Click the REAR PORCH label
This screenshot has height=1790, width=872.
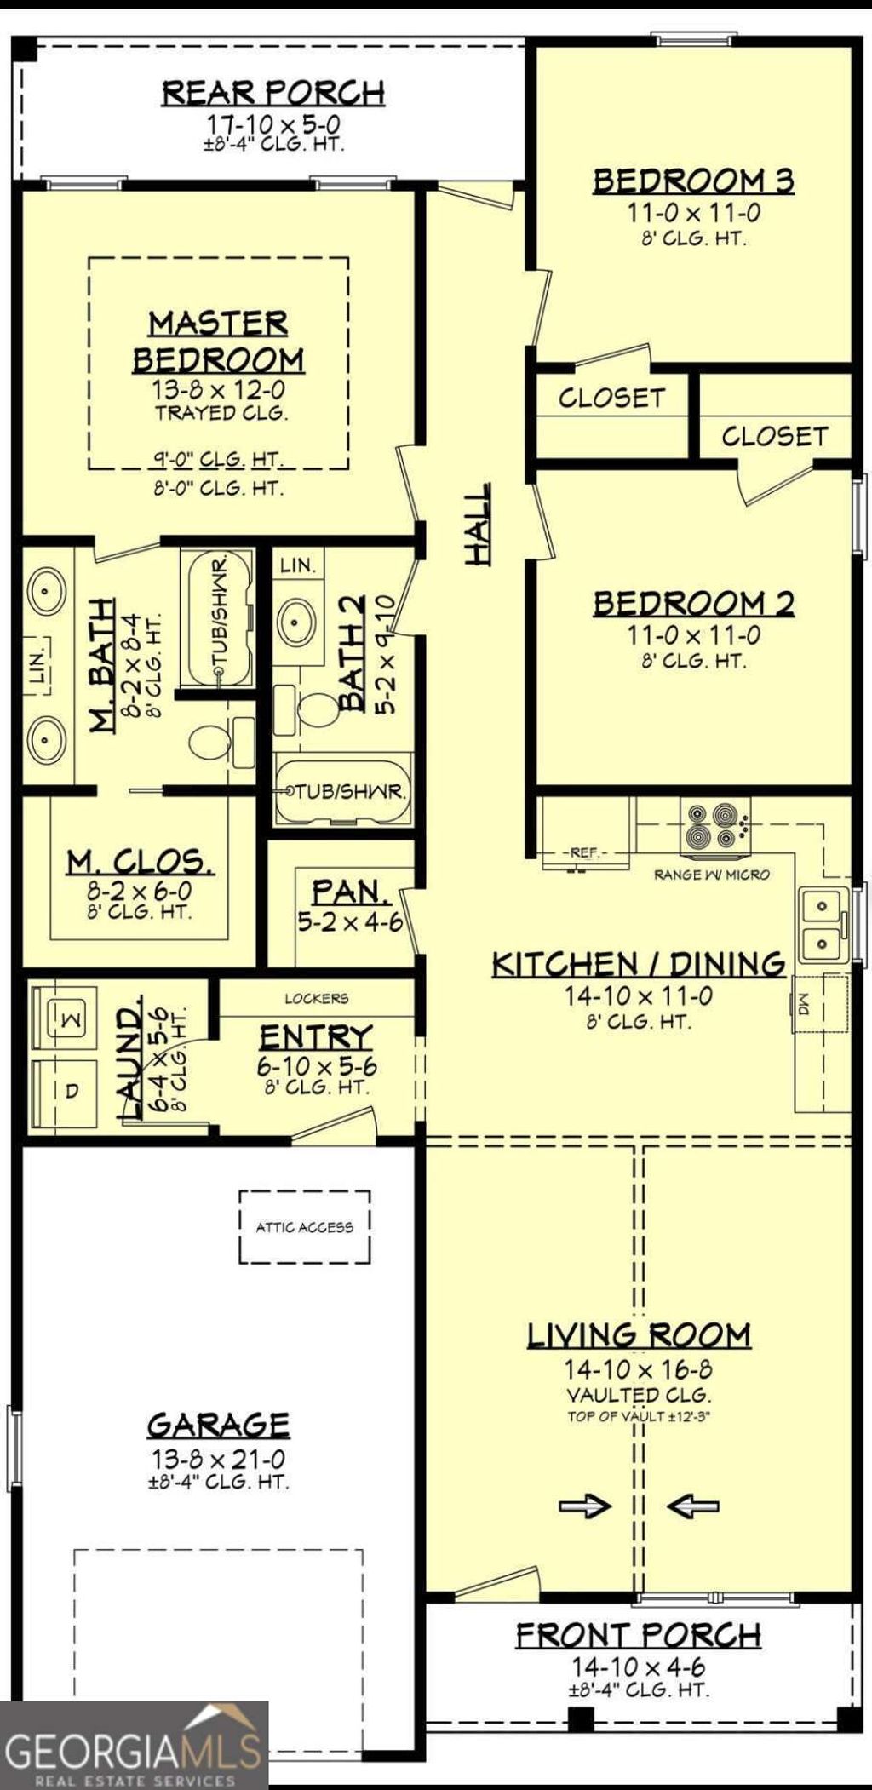pos(273,92)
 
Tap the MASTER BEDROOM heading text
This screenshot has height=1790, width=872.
pos(219,341)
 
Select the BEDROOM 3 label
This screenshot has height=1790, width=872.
pos(693,181)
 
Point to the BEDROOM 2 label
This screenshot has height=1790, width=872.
pos(693,603)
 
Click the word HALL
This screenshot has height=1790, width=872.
pos(479,523)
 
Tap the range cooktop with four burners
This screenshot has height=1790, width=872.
pos(714,825)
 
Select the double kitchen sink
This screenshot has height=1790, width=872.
pos(823,926)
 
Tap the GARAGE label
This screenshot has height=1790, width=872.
pos(219,1425)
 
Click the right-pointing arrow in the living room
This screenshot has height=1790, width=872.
pos(585,1506)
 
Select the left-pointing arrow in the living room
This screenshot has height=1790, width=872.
pos(692,1506)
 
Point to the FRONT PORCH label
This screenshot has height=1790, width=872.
pos(639,1635)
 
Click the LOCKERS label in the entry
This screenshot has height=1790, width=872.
pos(317,998)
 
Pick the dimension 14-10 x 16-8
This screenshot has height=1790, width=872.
pos(639,1369)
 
